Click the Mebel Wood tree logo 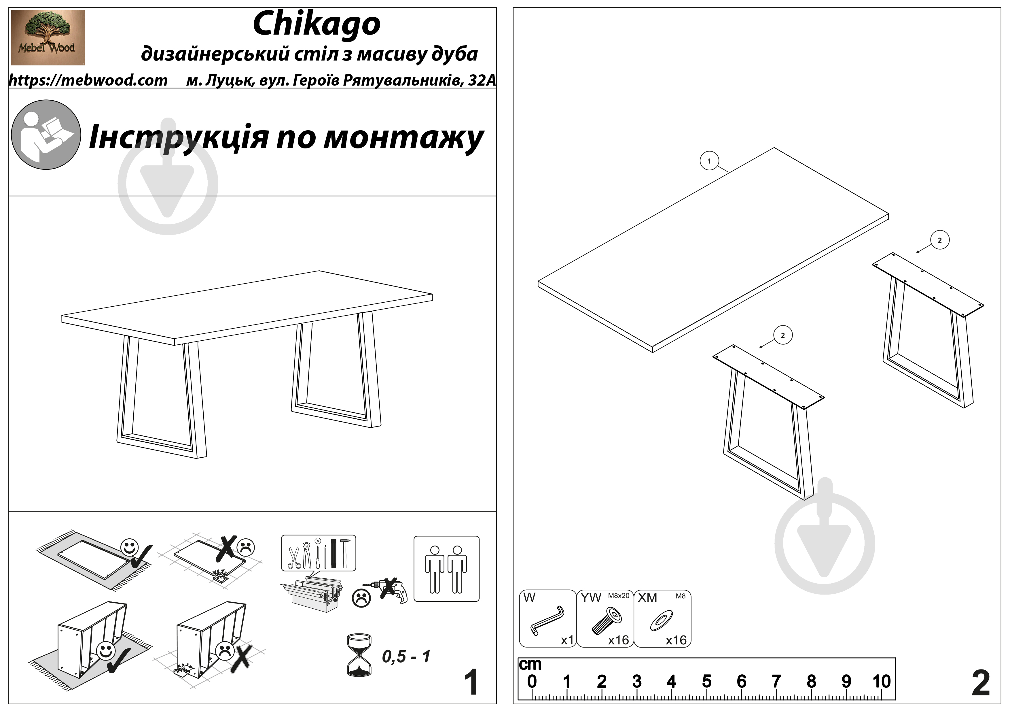click(48, 37)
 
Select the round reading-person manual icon click(46, 134)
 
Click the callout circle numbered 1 click(709, 161)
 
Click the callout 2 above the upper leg click(940, 240)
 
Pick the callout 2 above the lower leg click(782, 335)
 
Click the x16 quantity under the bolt click(618, 640)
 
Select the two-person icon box click(446, 569)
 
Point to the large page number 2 click(981, 683)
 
